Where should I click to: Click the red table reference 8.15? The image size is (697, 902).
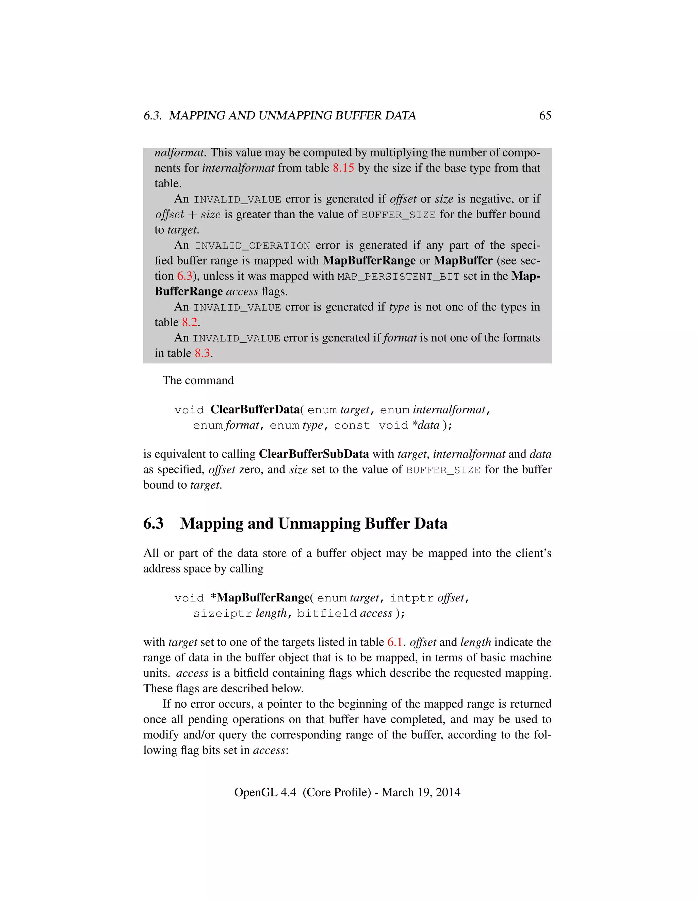click(x=343, y=168)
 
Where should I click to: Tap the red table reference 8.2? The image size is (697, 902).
click(x=190, y=322)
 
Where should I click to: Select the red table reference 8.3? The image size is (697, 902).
click(x=202, y=353)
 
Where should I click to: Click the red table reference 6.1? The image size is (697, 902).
click(x=394, y=642)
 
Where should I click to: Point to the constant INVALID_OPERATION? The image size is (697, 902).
click(x=252, y=246)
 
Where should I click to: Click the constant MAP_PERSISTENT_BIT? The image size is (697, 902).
click(x=398, y=277)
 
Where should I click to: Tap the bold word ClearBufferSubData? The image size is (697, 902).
click(x=313, y=454)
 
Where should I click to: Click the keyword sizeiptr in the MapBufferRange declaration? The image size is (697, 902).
click(x=223, y=614)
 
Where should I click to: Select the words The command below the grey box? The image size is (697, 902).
click(x=198, y=381)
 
